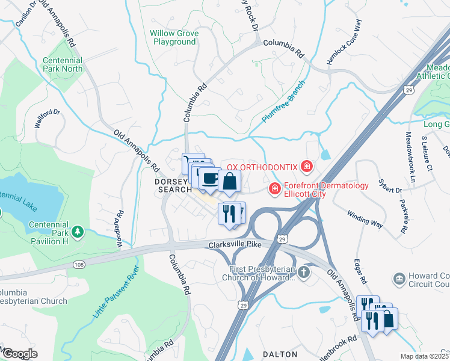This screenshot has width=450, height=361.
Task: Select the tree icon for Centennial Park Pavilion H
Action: (77, 232)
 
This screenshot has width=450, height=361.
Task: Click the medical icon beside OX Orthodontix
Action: (307, 165)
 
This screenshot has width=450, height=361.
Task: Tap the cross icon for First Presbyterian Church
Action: (304, 273)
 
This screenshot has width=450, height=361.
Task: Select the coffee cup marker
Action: (210, 178)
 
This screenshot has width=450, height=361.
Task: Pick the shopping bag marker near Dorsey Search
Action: (230, 181)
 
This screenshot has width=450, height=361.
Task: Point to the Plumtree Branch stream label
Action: (285, 100)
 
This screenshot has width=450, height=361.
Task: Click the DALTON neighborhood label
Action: (280, 354)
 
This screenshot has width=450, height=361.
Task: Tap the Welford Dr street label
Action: (48, 120)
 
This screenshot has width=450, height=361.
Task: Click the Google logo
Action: (20, 354)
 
